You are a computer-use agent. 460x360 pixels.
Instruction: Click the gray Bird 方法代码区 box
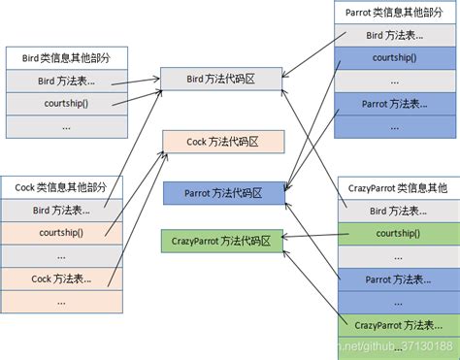pyautogui.click(x=222, y=79)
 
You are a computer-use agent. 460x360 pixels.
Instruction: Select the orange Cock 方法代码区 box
pyautogui.click(x=222, y=142)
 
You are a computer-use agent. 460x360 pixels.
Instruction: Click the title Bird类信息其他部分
pyautogui.click(x=66, y=57)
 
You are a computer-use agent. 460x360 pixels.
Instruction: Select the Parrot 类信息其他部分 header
pyautogui.click(x=393, y=14)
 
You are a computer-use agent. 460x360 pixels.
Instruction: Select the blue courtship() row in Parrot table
pyautogui.click(x=393, y=58)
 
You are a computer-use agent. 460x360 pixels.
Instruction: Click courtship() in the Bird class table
pyautogui.click(x=66, y=103)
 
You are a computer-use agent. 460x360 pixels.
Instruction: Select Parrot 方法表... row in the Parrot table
pyautogui.click(x=393, y=104)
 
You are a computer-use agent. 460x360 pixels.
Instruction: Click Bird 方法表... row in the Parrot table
pyautogui.click(x=393, y=36)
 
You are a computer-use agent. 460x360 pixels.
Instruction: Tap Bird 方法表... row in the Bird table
pyautogui.click(x=66, y=81)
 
